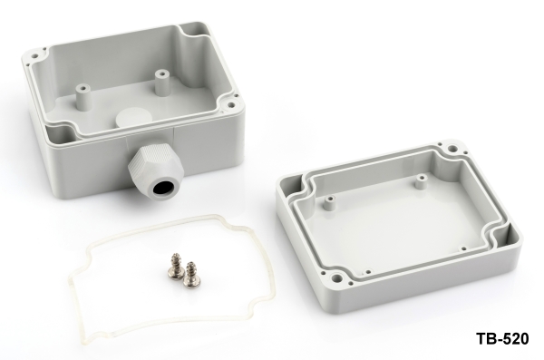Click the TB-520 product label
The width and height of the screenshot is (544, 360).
click(x=502, y=338)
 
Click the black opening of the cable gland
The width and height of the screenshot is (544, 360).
click(x=160, y=190)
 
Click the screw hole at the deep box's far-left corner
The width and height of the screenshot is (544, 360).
click(x=35, y=55)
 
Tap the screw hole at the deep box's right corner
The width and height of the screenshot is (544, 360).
click(x=230, y=103)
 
